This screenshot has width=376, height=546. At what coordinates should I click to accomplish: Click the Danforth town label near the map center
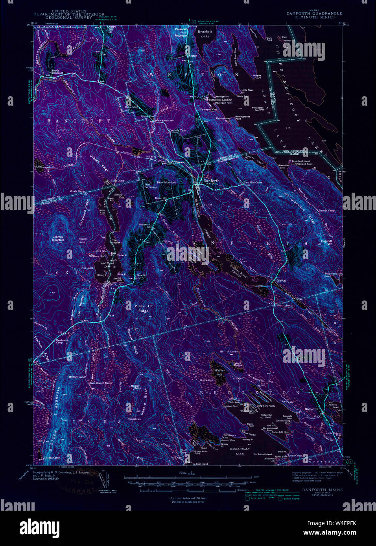coord(211,181)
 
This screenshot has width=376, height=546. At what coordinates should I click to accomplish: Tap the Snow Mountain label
coord(166,183)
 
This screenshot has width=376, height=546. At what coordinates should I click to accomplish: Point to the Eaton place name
coord(281,280)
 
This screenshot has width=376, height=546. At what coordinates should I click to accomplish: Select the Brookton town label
coord(311,409)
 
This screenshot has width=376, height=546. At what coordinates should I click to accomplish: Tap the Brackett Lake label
coord(205,33)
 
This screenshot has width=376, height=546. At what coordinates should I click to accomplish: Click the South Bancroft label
coord(57,72)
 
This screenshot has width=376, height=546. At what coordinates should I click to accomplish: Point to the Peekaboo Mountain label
coord(181,32)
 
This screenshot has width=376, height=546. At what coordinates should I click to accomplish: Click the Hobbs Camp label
coord(52,458)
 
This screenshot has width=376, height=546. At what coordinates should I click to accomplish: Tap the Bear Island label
coord(202,464)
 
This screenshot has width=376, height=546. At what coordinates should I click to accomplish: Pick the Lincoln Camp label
coord(327,211)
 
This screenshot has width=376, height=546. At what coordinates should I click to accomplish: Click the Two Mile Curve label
coord(253,182)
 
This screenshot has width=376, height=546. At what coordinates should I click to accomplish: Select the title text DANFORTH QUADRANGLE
coord(314,13)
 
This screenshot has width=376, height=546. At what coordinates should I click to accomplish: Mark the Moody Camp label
coord(77,191)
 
